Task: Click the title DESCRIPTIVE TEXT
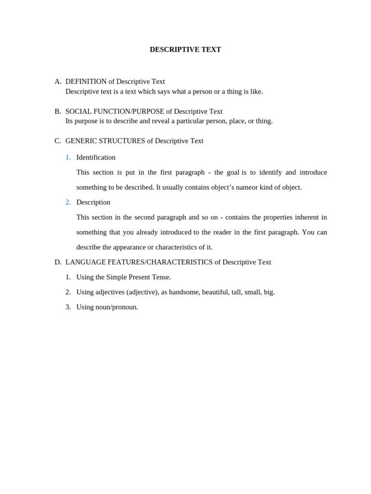(185, 50)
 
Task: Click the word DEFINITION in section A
(86, 82)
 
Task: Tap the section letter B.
(57, 111)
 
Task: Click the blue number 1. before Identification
(68, 157)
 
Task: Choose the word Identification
(96, 157)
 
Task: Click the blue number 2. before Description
(68, 202)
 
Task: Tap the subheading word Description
(93, 202)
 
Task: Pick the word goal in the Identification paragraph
(233, 172)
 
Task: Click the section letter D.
(57, 262)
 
